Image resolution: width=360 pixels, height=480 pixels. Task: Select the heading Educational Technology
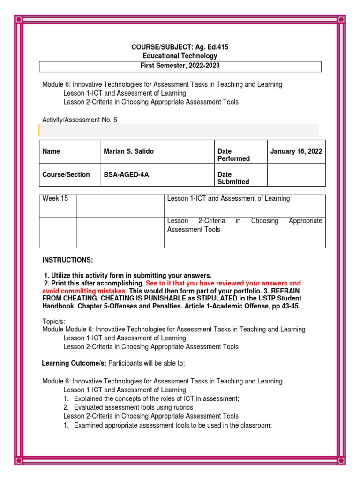180,56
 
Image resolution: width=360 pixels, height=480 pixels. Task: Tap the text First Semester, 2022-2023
180,66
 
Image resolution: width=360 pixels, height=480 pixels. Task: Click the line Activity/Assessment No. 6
80,120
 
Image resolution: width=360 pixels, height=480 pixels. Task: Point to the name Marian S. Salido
128,151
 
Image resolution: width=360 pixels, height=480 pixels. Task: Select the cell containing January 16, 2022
296,151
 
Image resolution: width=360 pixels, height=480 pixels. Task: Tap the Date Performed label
233,155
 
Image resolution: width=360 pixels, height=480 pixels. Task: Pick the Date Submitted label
233,178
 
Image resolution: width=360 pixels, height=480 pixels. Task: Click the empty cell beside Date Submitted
296,175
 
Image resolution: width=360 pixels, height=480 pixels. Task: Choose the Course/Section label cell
66,174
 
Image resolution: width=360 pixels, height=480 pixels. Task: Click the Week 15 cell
55,199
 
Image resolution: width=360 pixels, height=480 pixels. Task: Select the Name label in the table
51,151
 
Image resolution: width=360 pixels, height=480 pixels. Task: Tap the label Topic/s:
53,321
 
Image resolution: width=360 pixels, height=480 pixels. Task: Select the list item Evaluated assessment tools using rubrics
150,407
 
